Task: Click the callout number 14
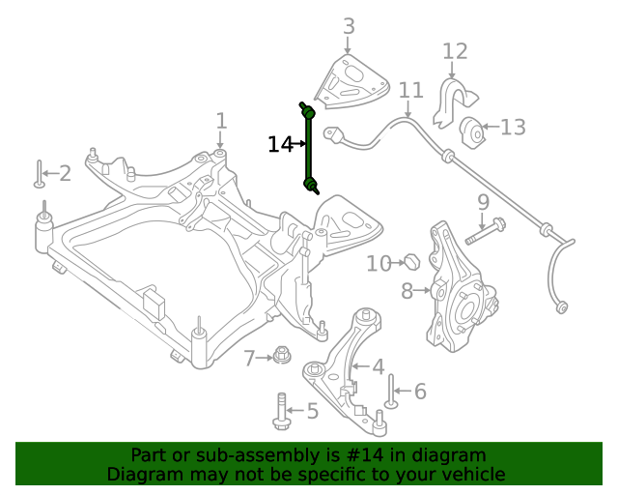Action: coord(279,145)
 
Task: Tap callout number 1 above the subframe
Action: coord(221,121)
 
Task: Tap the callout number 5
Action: coord(312,412)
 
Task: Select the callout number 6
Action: coord(419,392)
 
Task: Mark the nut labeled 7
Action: coord(281,357)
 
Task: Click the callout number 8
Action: coord(407,290)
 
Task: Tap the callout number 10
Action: coord(378,263)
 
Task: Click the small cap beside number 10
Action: coord(410,261)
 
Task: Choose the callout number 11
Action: coord(411,91)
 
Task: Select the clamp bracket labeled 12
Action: coord(450,102)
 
